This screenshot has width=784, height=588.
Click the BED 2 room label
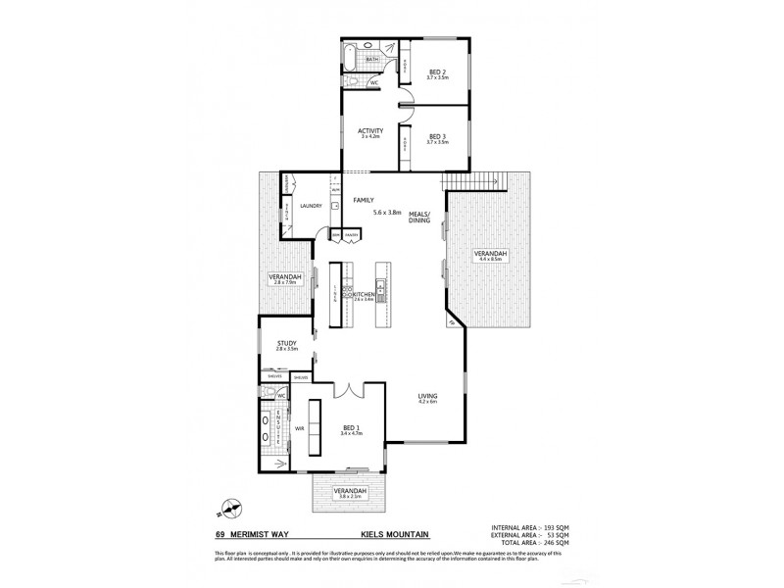[438, 73]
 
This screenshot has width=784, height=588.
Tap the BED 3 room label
[438, 138]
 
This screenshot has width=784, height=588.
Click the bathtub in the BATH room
[350, 59]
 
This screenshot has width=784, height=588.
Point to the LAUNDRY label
[312, 207]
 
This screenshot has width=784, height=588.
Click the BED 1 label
[351, 428]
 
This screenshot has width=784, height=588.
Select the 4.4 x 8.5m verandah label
[490, 256]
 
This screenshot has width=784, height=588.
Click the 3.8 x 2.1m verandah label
[350, 493]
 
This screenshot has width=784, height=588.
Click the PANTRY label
[350, 236]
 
